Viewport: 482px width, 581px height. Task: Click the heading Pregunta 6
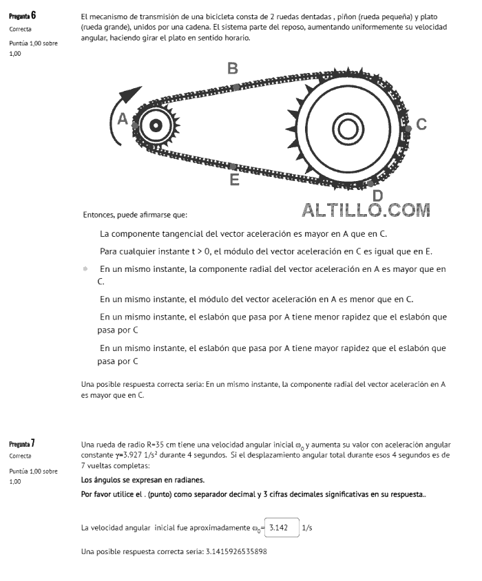pos(22,15)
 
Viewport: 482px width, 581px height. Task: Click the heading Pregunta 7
pos(22,443)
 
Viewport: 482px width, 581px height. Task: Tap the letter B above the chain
pos(233,68)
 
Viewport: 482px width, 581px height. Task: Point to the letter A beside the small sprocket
pos(123,118)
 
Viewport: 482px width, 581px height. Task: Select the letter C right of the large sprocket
pos(421,125)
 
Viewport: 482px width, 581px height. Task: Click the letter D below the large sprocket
pos(377,196)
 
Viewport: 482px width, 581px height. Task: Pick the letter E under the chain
pos(234,180)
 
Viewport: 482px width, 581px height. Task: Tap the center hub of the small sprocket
pos(156,125)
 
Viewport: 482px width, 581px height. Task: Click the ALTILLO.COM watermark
pos(366,210)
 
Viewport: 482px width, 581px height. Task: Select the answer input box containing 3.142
pos(281,527)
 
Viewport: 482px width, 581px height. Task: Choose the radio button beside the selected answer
pos(85,269)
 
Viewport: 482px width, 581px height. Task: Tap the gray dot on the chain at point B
pos(235,87)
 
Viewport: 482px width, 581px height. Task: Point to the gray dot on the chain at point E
pos(233,167)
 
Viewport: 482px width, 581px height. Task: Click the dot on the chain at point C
pos(408,128)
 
